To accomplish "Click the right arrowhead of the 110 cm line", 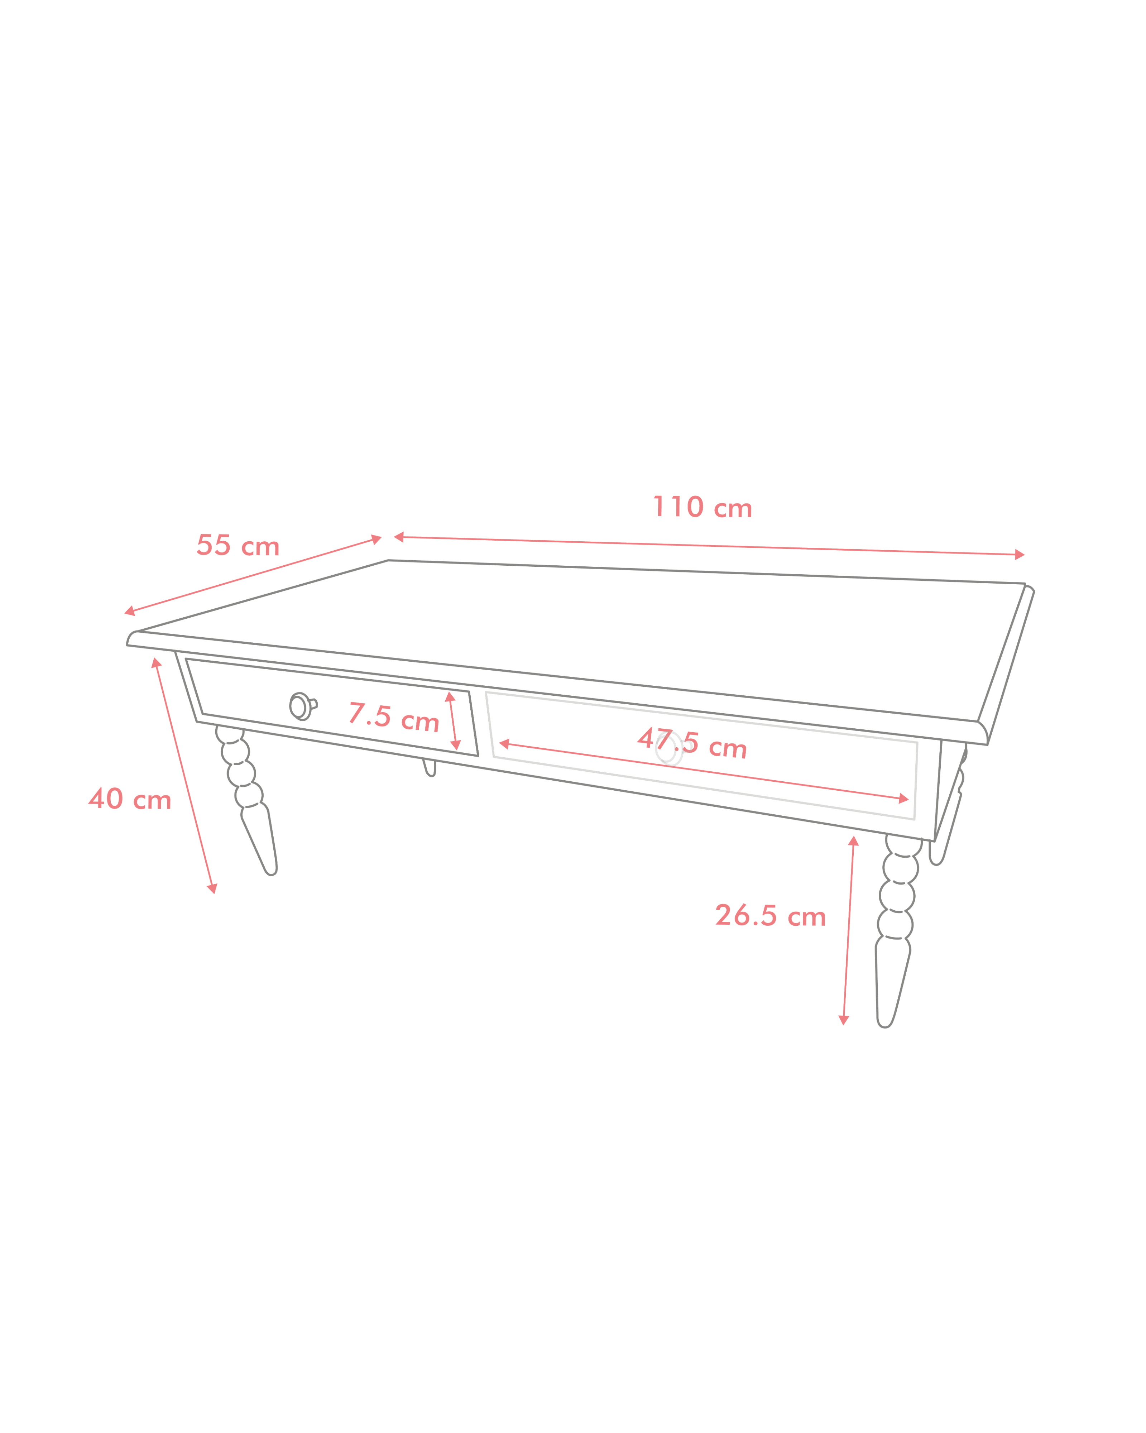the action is [1019, 554].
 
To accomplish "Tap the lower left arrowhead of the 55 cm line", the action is [130, 612].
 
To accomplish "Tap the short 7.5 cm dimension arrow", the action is [453, 721].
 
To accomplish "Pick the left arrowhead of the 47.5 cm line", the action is [504, 744].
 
